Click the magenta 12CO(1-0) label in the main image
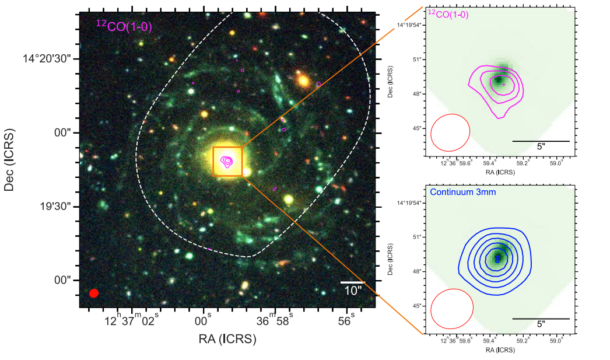click(x=124, y=26)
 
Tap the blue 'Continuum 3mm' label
click(x=462, y=192)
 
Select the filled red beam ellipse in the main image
click(x=94, y=293)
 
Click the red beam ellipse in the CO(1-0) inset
click(x=450, y=132)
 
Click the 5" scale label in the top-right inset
click(x=541, y=148)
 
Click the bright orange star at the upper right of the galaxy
click(x=303, y=81)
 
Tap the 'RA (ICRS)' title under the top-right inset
click(x=500, y=173)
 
